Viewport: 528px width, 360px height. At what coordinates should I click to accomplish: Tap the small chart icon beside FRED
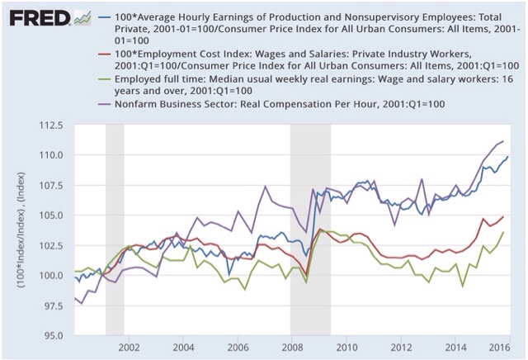click(x=82, y=17)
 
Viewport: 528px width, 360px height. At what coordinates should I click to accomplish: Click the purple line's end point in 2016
click(x=503, y=141)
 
